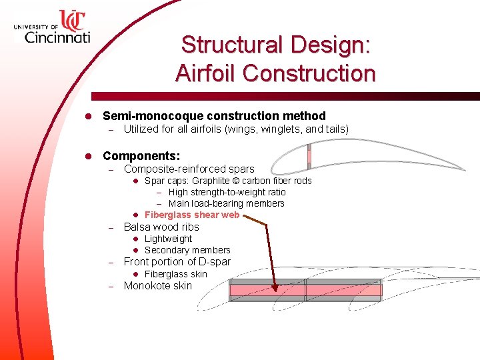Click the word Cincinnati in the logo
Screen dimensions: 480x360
tap(57, 37)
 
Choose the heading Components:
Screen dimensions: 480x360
tap(141, 156)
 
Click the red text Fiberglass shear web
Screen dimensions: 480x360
tap(192, 215)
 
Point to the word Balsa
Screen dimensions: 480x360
tap(138, 227)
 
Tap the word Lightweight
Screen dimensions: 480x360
tap(168, 239)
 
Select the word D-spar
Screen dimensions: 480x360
tap(215, 261)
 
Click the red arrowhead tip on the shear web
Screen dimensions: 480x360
tap(277, 291)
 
